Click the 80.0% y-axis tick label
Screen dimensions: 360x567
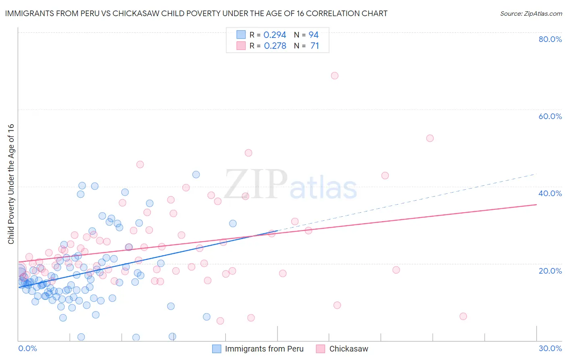click(550, 39)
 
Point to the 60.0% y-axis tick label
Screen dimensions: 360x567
click(550, 116)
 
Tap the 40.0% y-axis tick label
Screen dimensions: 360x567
click(550, 193)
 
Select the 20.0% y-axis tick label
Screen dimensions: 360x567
click(550, 271)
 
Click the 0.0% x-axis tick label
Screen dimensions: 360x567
click(27, 348)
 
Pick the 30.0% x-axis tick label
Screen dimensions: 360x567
click(550, 348)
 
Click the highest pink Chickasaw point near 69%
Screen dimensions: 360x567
click(334, 75)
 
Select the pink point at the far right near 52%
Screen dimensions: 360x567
click(430, 138)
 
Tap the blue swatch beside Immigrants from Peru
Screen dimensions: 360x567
click(217, 349)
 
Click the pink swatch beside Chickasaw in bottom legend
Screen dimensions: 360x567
click(321, 349)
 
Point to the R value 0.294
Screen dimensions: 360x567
click(275, 35)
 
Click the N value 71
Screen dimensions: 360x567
click(315, 46)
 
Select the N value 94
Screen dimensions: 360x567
click(313, 35)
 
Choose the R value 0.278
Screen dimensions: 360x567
click(275, 46)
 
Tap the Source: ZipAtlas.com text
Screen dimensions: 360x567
click(531, 13)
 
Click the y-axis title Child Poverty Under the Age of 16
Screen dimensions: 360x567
click(11, 184)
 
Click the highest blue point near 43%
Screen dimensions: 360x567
click(196, 174)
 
